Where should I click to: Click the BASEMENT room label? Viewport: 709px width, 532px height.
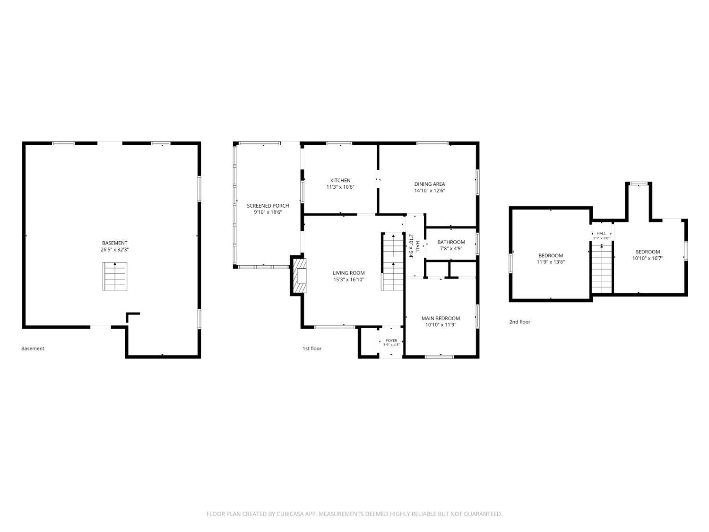pyautogui.click(x=115, y=243)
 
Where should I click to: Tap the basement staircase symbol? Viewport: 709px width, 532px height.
pyautogui.click(x=115, y=276)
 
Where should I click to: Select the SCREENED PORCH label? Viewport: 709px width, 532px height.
pyautogui.click(x=268, y=206)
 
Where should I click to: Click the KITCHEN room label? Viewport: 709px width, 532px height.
pyautogui.click(x=340, y=180)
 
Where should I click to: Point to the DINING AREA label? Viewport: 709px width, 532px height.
pyautogui.click(x=430, y=184)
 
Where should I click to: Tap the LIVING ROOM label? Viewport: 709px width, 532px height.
pyautogui.click(x=348, y=273)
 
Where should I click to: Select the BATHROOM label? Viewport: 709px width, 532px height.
pyautogui.click(x=451, y=242)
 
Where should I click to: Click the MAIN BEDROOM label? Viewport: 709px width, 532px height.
pyautogui.click(x=441, y=318)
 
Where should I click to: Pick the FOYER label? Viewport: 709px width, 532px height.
pyautogui.click(x=391, y=340)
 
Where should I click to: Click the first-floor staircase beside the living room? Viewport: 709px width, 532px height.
pyautogui.click(x=393, y=262)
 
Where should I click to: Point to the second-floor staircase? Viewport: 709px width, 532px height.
pyautogui.click(x=602, y=269)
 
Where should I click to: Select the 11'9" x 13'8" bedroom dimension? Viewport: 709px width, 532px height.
pyautogui.click(x=551, y=262)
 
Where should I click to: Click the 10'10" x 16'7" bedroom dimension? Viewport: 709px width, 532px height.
pyautogui.click(x=648, y=258)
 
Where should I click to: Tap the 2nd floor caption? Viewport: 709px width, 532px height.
pyautogui.click(x=520, y=322)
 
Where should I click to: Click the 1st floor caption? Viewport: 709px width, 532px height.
pyautogui.click(x=311, y=349)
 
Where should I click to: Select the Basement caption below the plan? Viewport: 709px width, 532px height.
pyautogui.click(x=33, y=349)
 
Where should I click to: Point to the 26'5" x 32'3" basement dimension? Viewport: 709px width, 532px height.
pyautogui.click(x=115, y=250)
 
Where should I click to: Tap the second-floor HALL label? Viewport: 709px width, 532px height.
pyautogui.click(x=601, y=233)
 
